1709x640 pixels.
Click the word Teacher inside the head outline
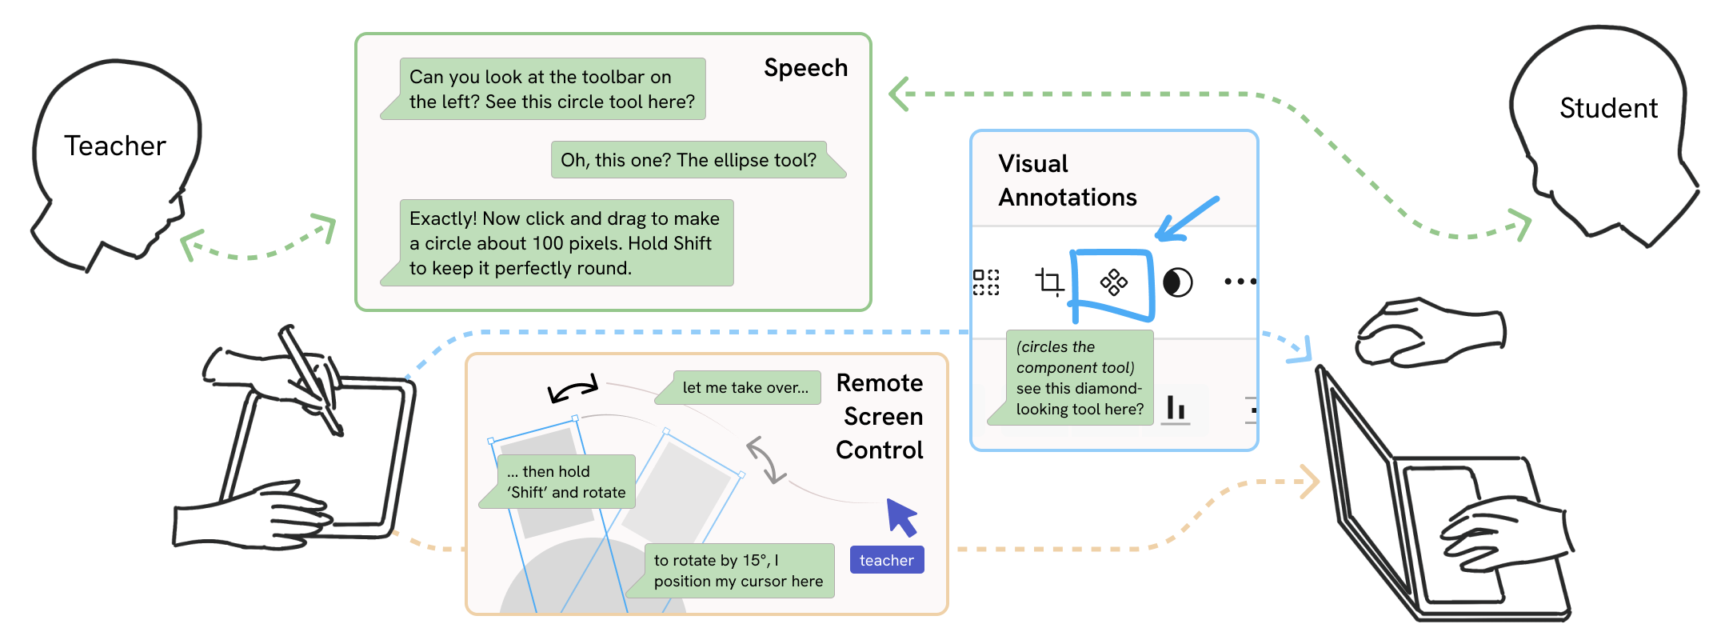click(115, 146)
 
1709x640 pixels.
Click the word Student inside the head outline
click(1608, 109)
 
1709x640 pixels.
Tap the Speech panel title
click(805, 68)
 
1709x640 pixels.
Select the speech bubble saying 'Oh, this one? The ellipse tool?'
click(689, 160)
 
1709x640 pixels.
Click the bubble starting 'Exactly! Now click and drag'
click(565, 243)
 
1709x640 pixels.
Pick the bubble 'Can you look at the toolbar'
click(551, 90)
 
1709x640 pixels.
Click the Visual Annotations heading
click(1067, 181)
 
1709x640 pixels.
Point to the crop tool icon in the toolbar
click(1049, 282)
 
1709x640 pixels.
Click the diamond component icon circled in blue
click(1113, 282)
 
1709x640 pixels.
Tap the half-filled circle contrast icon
click(1177, 282)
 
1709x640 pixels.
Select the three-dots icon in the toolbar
click(1240, 282)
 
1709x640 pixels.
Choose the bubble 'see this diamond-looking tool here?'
click(1078, 378)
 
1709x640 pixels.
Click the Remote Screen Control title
click(880, 417)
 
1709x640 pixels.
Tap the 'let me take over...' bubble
click(745, 388)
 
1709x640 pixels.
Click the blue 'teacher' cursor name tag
click(886, 561)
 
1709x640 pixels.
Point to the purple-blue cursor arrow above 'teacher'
click(901, 516)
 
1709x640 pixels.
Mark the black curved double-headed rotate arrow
click(573, 389)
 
